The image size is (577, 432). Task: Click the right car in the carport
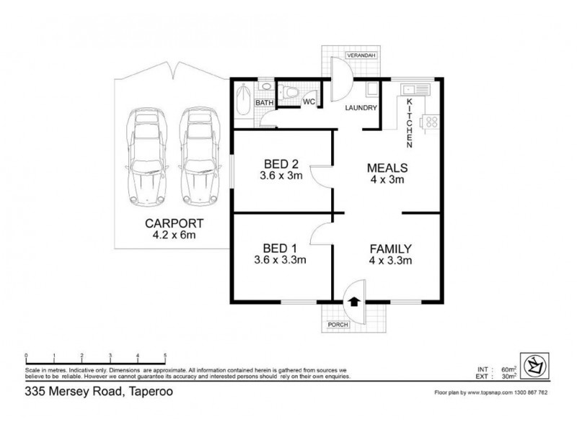point(197,157)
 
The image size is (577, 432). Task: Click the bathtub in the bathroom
point(242,98)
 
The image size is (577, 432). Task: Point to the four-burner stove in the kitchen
point(431,121)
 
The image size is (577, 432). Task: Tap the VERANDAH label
point(358,55)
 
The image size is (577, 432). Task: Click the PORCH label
point(338,325)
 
